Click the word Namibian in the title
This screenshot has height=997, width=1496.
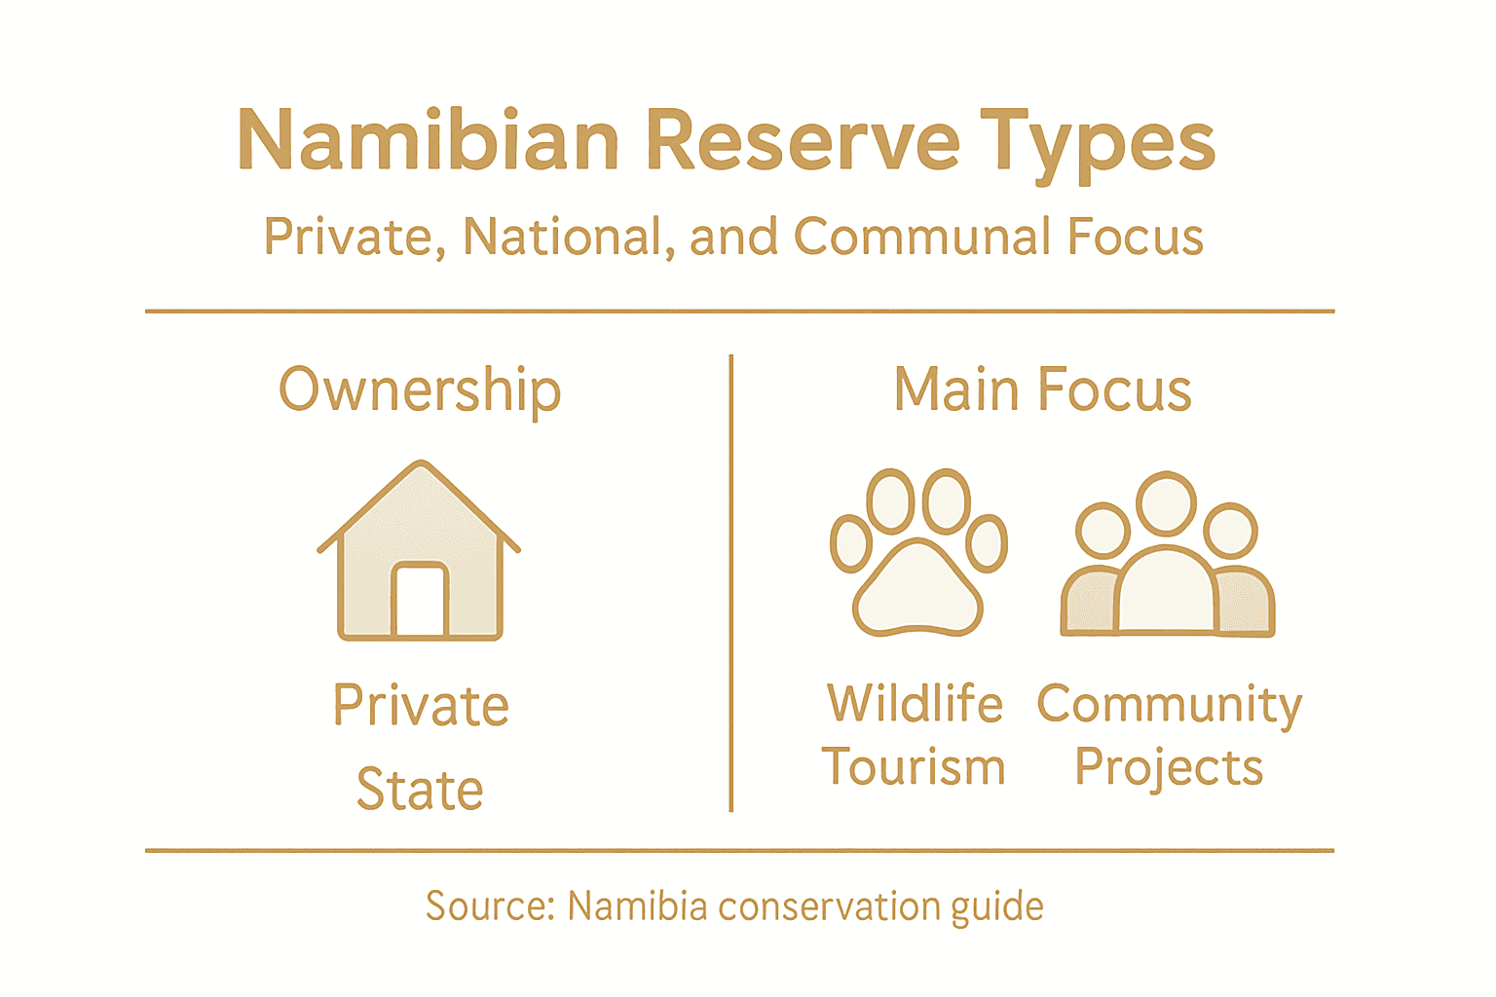point(429,141)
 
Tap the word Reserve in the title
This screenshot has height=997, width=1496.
point(802,141)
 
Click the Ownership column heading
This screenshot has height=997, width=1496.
point(420,390)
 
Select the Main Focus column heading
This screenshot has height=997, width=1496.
point(1042,389)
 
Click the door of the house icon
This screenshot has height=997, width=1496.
point(420,600)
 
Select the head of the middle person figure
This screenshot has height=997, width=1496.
point(1166,502)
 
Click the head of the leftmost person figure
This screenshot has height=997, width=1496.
point(1102,530)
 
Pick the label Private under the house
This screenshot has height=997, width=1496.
point(421,706)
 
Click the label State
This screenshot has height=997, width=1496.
point(420,789)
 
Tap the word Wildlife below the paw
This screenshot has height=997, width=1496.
point(915,703)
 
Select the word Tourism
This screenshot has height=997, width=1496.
point(914,767)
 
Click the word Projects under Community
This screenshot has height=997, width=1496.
point(1169,768)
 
